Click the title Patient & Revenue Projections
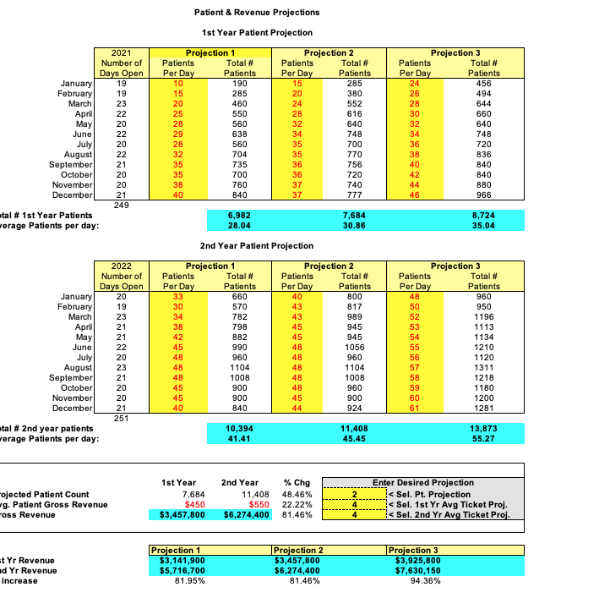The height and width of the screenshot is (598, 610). tap(257, 13)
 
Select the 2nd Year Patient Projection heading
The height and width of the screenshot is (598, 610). tap(257, 245)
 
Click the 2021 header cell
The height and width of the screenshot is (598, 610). tap(122, 53)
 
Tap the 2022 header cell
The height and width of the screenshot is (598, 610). tap(122, 266)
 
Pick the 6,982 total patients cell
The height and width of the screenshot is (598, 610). tap(239, 216)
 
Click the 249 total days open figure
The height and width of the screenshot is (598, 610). tap(122, 205)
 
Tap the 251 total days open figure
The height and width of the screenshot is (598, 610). tap(122, 418)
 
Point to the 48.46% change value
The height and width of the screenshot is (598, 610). tap(298, 494)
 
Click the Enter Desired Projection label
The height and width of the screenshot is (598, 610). tap(435, 483)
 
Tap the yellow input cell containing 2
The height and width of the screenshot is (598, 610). tap(356, 494)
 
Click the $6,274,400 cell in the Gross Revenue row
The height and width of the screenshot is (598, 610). tap(246, 514)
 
